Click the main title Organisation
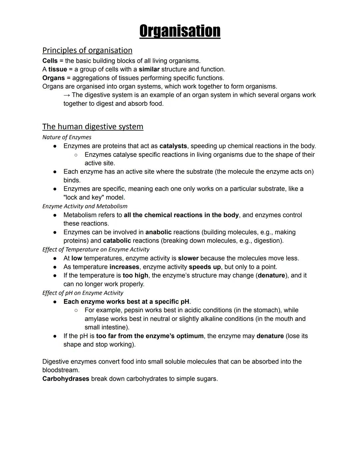(180, 31)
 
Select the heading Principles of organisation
(87, 50)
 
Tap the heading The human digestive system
(93, 127)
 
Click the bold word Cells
(50, 61)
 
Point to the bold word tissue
(58, 69)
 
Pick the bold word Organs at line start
(53, 78)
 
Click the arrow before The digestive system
(67, 95)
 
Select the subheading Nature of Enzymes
(67, 137)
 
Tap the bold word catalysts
(173, 146)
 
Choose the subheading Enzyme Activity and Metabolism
(85, 206)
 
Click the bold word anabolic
(158, 232)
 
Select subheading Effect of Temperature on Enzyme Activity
(96, 250)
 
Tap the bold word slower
(188, 258)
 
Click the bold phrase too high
(135, 276)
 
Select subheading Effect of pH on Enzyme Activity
(83, 293)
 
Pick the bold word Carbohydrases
(66, 379)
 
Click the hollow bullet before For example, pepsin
(76, 310)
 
